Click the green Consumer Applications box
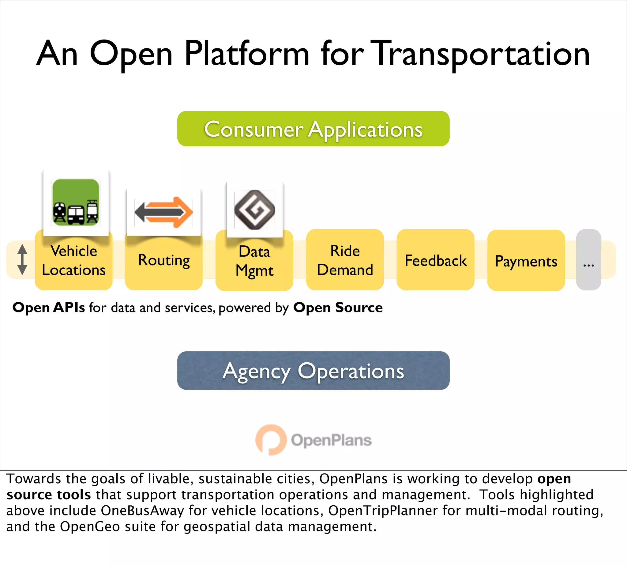point(313,129)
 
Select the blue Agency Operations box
point(313,370)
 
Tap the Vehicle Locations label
point(74,261)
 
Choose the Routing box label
point(164,261)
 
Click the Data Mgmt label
point(254,261)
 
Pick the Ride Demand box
point(345,260)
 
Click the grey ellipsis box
point(588,260)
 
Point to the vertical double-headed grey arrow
point(22,259)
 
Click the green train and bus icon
point(76,202)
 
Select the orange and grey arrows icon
point(164,212)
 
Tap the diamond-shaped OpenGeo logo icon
point(255,210)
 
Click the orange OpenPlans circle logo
point(270,440)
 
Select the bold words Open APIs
point(48,308)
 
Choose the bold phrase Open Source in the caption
point(338,308)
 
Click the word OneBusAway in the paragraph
point(142,510)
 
